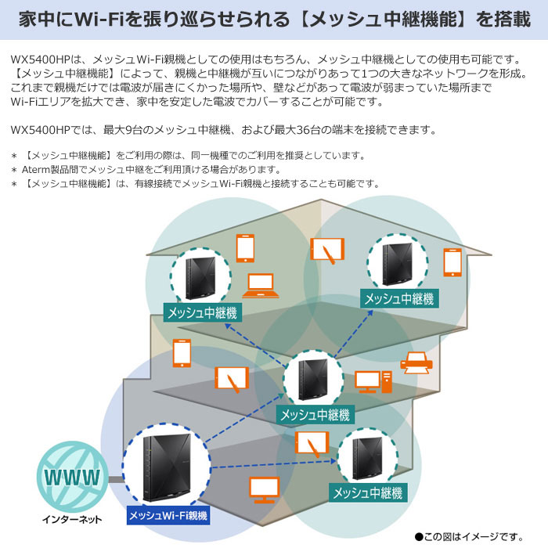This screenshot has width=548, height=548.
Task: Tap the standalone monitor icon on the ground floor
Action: coord(263,490)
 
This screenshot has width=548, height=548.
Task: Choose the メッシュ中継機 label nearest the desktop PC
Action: coord(315,414)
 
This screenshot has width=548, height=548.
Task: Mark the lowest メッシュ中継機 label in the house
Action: coord(366,493)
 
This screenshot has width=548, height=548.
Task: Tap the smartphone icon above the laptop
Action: coord(245,247)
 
